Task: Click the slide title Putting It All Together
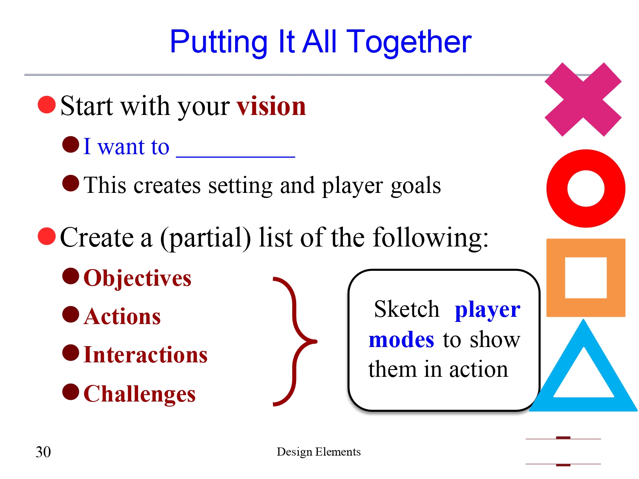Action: (x=320, y=42)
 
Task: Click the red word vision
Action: (x=271, y=106)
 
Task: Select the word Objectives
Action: (x=137, y=278)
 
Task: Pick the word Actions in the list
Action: (x=122, y=317)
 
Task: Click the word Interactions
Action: (x=145, y=355)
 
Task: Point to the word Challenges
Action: (x=139, y=394)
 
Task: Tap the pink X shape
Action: (x=583, y=100)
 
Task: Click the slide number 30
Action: (x=43, y=452)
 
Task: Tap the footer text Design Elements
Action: (x=319, y=452)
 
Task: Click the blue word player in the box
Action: (x=487, y=310)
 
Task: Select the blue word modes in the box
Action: (x=401, y=340)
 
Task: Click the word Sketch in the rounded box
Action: (x=406, y=309)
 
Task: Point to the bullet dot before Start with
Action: (x=47, y=105)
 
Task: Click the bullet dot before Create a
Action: (x=47, y=236)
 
